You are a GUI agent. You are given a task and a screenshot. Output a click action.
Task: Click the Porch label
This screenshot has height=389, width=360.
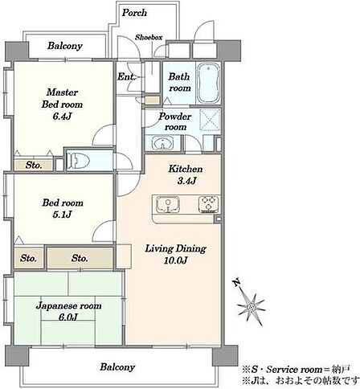coord(134,13)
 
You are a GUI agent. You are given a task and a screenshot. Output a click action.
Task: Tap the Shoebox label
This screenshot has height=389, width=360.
coord(149,37)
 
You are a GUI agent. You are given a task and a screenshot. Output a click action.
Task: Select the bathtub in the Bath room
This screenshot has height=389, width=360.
coord(209,83)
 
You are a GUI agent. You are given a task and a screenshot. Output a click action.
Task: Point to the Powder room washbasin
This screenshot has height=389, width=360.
coord(162,143)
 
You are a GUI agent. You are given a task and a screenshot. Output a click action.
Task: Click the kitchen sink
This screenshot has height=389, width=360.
coord(168,205)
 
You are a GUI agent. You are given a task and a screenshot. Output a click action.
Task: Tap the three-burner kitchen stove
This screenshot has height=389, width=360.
coord(209,204)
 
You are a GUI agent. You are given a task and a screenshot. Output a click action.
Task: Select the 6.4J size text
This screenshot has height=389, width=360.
coord(62,116)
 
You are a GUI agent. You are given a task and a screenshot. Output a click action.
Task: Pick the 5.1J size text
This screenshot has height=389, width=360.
coord(62,215)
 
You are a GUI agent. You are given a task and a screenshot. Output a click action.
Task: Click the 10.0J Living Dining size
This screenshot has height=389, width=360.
coord(175,260)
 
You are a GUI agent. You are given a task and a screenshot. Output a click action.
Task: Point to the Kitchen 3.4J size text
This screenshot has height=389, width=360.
coord(187,181)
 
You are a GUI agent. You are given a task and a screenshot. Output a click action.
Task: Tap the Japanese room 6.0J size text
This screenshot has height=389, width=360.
coord(68,317)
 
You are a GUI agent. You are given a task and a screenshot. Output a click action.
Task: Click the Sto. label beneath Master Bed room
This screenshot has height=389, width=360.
coord(34,165)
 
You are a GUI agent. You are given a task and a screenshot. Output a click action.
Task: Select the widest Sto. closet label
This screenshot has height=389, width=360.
coord(80,258)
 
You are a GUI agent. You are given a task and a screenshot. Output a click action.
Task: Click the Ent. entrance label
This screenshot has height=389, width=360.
coord(125,77)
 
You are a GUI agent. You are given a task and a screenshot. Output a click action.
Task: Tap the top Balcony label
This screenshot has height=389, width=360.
coord(65,46)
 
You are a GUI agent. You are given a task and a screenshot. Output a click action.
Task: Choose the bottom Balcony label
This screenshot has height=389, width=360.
coord(117,366)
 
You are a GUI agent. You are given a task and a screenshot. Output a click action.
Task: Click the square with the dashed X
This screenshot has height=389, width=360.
coord(211,120)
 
